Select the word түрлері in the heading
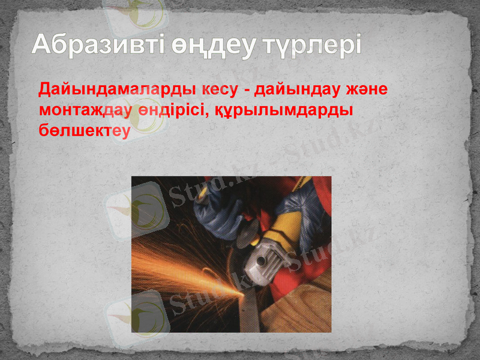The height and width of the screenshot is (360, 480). tap(311, 45)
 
